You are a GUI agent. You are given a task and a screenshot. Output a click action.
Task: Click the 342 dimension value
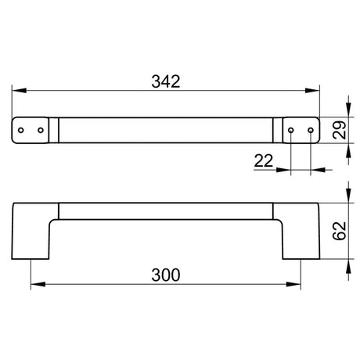(166, 81)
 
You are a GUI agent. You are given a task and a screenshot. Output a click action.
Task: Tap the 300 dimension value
(166, 275)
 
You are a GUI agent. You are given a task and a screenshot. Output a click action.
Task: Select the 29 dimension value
(340, 130)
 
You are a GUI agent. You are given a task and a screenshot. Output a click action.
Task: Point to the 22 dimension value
(264, 160)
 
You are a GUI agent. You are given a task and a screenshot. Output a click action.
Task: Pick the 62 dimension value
(340, 231)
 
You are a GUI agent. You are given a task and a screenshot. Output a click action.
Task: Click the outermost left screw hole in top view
(21, 130)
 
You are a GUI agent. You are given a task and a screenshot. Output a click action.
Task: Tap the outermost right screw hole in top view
(311, 130)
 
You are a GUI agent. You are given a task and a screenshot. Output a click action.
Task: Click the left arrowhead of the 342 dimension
(19, 91)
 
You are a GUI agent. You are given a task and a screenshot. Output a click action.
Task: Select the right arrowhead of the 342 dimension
(312, 91)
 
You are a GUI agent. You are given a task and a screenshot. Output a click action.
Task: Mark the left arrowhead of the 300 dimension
(38, 284)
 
